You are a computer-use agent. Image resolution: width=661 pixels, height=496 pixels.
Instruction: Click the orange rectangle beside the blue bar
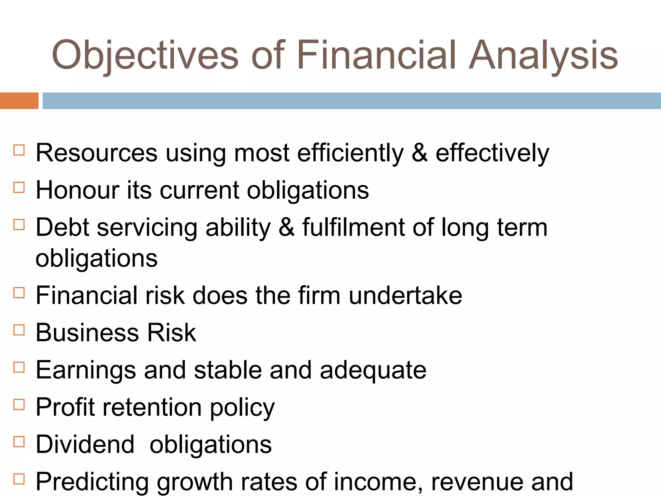[19, 101]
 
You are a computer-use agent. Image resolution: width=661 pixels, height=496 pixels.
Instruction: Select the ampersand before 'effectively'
[419, 153]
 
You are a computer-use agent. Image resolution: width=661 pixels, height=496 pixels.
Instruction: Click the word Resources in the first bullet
[97, 153]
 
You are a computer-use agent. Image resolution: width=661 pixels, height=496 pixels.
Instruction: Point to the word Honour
[77, 190]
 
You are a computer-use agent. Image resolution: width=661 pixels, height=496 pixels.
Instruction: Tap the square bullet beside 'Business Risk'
[19, 330]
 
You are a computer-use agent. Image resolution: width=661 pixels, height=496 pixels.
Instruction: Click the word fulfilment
[353, 227]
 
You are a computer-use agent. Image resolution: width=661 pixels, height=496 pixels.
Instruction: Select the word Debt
[62, 227]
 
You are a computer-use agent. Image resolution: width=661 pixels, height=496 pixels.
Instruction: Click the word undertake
[405, 295]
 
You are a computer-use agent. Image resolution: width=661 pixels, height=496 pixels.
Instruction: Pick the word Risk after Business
[171, 333]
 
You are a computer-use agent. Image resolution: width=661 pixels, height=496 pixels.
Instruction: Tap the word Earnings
[86, 370]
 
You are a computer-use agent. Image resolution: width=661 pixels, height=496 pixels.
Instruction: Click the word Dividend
[85, 445]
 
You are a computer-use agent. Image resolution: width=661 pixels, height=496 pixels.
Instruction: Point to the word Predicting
[92, 482]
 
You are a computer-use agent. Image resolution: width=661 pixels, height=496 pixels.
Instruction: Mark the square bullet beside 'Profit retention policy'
[19, 405]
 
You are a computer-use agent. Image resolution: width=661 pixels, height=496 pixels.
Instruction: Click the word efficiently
[350, 153]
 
